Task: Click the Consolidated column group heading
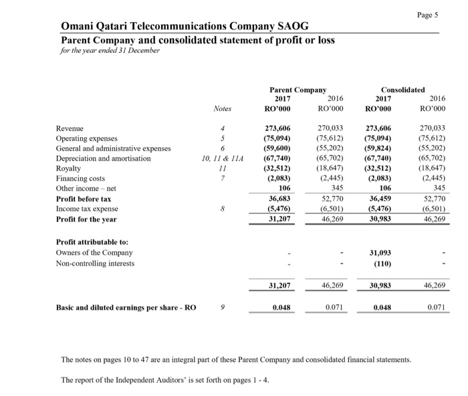point(402,88)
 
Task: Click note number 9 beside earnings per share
point(223,308)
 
